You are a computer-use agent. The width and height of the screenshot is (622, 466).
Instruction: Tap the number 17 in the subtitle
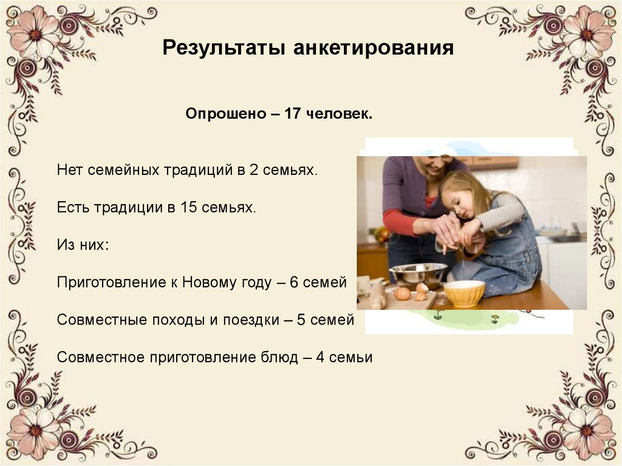click(293, 114)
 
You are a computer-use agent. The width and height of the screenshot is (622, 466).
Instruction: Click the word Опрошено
click(226, 114)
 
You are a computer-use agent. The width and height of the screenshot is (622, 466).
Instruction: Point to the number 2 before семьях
click(253, 170)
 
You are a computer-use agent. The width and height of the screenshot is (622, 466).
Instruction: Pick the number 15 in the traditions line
click(188, 207)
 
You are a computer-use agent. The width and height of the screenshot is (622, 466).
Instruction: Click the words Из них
click(83, 244)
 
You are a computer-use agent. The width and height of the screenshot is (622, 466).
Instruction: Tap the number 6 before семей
click(294, 283)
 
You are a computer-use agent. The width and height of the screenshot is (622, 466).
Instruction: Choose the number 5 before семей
click(301, 320)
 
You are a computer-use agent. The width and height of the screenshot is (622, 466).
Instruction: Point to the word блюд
click(279, 357)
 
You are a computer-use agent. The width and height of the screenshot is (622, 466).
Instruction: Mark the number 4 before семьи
click(320, 357)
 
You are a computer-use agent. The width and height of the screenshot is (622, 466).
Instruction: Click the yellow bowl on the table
click(464, 293)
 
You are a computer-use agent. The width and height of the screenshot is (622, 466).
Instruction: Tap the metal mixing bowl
click(418, 275)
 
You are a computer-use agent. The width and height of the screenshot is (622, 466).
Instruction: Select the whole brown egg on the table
click(402, 293)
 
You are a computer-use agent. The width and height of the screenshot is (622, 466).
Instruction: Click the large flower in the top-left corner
click(35, 34)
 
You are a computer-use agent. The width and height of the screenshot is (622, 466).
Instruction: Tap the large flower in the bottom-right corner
click(587, 431)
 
